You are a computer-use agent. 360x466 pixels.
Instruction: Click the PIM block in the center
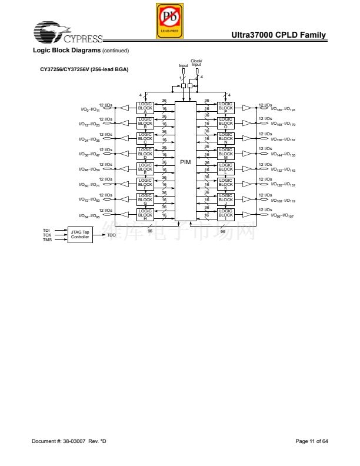coord(185,162)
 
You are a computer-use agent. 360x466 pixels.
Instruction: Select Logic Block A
coord(145,108)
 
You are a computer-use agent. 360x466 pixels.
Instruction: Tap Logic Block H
coord(145,215)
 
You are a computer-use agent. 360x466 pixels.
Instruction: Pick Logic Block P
coord(225,108)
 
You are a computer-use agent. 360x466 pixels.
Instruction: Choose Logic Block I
coord(225,215)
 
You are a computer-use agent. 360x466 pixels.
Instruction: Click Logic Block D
coord(145,154)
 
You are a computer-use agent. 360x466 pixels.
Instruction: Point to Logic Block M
coord(225,154)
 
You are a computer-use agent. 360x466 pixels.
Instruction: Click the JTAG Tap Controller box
coord(80,234)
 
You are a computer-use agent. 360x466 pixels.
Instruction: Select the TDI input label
coord(46,230)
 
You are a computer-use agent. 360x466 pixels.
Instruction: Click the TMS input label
coord(47,239)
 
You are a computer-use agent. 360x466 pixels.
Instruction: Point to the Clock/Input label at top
coord(196,63)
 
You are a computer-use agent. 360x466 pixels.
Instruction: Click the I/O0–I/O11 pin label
coord(90,109)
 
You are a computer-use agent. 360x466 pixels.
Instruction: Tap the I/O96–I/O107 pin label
coord(282,216)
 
